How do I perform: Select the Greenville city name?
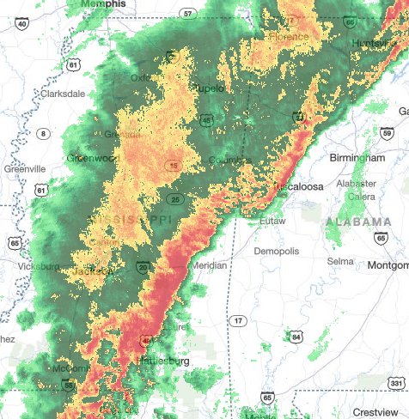pyautogui.click(x=24, y=169)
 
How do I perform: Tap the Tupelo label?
pyautogui.click(x=209, y=88)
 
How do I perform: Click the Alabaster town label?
pyautogui.click(x=356, y=183)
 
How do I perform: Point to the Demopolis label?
pyautogui.click(x=279, y=251)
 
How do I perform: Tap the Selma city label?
pyautogui.click(x=340, y=260)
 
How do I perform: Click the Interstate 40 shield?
pyautogui.click(x=22, y=25)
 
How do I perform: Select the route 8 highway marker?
pyautogui.click(x=44, y=132)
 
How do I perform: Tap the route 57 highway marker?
pyautogui.click(x=187, y=14)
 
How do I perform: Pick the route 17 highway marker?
pyautogui.click(x=238, y=320)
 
